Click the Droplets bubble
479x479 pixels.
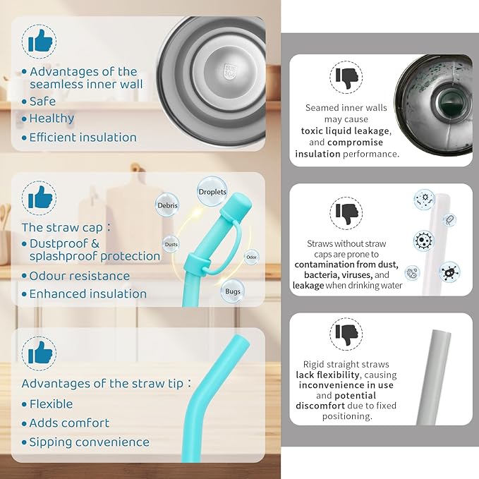tap(212, 192)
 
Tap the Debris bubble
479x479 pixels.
tap(167, 205)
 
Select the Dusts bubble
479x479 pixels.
tap(171, 244)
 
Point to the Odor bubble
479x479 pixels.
tap(251, 257)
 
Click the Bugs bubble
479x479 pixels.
tap(233, 291)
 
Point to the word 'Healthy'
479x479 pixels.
tap(51, 119)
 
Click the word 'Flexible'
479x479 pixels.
tap(51, 404)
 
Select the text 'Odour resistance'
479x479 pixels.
tap(80, 276)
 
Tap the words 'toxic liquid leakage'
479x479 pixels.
tap(345, 131)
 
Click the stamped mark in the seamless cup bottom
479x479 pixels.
tap(229, 72)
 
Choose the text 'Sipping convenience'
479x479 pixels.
tap(89, 442)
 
